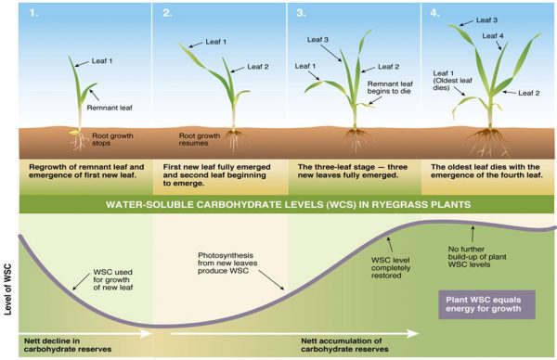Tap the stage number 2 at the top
click(167, 13)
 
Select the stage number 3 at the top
click(301, 13)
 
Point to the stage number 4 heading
click(434, 13)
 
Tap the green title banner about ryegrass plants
click(278, 201)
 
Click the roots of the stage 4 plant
click(489, 139)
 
